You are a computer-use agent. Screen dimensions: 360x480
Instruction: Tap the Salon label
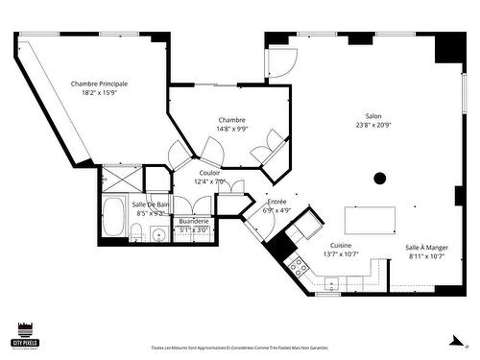[373, 115]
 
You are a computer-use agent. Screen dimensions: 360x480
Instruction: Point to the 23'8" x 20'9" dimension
[373, 125]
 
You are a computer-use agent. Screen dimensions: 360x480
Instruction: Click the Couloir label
[209, 172]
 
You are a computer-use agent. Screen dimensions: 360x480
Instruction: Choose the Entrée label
[277, 201]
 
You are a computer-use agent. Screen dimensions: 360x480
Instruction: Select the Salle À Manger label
[426, 247]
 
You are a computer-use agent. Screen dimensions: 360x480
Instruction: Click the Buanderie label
[194, 221]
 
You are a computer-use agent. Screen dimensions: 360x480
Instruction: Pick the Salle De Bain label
[151, 204]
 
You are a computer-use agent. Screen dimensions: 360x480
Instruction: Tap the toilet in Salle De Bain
[137, 234]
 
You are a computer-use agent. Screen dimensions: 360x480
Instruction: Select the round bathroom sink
[158, 234]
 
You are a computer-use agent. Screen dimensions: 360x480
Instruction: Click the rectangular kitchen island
[371, 220]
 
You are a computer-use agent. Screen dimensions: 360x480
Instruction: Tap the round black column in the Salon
[380, 178]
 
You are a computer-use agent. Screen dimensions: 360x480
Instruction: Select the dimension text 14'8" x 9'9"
[231, 128]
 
